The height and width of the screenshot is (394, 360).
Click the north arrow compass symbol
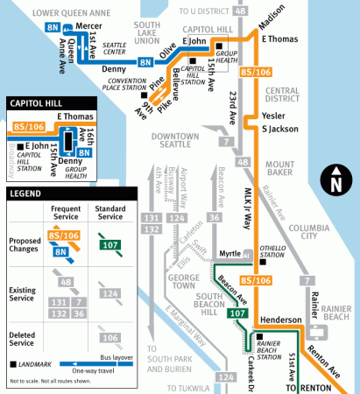point(335,183)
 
